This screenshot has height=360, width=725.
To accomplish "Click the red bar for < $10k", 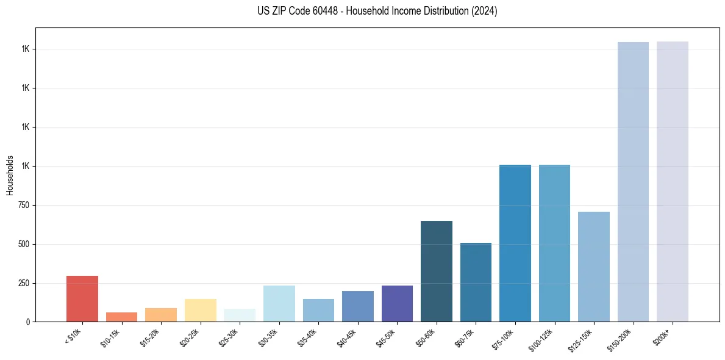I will point(82,299).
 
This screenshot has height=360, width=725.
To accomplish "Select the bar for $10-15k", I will point(121,317).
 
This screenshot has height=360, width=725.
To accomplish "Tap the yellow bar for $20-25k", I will point(200,310).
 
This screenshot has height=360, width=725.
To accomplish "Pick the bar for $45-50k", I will point(397,303).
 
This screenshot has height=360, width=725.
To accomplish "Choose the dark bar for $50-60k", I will point(437,272).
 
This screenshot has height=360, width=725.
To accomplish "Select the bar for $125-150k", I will point(594,267).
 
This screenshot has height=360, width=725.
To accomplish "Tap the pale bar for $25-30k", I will point(240,315).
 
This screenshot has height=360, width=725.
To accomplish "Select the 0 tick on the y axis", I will point(26,322).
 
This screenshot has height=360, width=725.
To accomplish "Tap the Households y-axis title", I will point(10,175).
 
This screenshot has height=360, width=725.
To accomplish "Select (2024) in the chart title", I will point(484,11).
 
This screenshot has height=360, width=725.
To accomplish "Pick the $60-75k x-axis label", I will point(466,337).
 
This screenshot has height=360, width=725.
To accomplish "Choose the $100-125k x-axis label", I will point(543,339).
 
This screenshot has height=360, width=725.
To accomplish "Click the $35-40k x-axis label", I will point(309,337).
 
